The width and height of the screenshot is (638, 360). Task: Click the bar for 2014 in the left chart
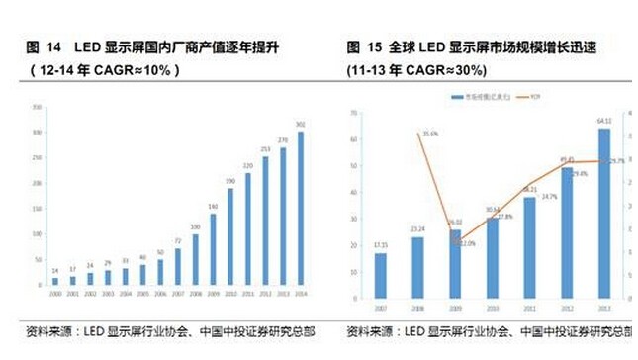[x=302, y=209]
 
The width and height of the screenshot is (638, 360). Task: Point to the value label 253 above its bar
[x=266, y=148]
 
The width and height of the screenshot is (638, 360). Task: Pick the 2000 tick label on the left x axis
[x=54, y=294]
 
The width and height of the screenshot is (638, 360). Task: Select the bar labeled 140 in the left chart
[x=213, y=249]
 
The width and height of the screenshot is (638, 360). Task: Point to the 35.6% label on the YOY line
[x=429, y=133]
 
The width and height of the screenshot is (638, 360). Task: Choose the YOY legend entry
[x=533, y=98]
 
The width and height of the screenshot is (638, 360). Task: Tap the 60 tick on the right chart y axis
[x=354, y=141]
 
